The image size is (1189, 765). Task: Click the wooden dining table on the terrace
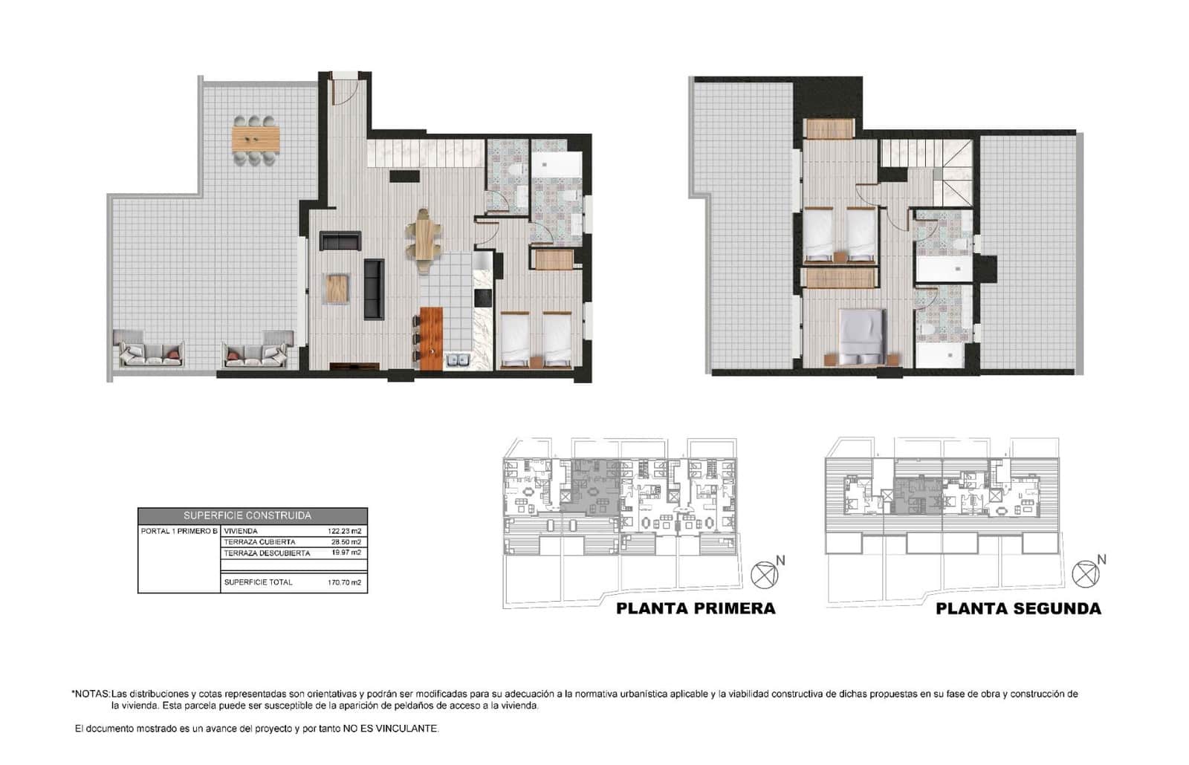coord(256,138)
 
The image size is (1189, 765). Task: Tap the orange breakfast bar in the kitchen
coord(431,338)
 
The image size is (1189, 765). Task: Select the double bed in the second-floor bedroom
coord(862,336)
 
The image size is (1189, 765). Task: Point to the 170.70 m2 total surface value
coord(345,582)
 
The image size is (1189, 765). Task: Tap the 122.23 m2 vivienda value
coord(345,531)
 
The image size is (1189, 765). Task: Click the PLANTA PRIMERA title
coord(696,609)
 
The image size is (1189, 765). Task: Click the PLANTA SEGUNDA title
coord(1018,609)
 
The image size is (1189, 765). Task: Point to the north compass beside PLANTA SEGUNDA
coord(1086,574)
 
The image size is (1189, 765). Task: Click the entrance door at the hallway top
coord(344,89)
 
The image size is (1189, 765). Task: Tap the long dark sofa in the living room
coord(374,289)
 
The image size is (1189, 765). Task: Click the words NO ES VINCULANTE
coord(390,729)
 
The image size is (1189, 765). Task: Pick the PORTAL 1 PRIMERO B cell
coord(179,531)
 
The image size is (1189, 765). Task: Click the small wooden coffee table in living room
coord(337,288)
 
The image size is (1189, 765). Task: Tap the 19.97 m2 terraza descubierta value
coord(346,553)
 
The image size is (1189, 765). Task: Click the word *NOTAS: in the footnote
coord(91,694)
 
